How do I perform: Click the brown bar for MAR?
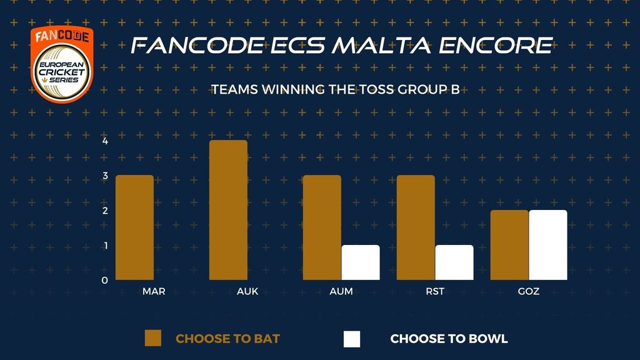pyautogui.click(x=135, y=227)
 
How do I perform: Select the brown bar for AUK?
pyautogui.click(x=228, y=210)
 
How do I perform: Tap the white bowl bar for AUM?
pyautogui.click(x=361, y=262)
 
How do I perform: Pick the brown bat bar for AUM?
pyautogui.click(x=322, y=227)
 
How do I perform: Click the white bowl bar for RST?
pyautogui.click(x=454, y=262)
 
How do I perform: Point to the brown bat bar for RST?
pyautogui.click(x=416, y=227)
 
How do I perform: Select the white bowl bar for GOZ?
pyautogui.click(x=548, y=245)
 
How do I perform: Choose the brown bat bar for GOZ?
pyautogui.click(x=509, y=245)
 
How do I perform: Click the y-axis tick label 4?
pyautogui.click(x=105, y=141)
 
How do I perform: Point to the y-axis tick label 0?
pyautogui.click(x=105, y=281)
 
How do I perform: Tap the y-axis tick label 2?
pyautogui.click(x=105, y=211)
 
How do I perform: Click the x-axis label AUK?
pyautogui.click(x=247, y=291)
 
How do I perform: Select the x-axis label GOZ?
pyautogui.click(x=529, y=291)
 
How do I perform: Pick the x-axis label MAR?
pyautogui.click(x=154, y=291)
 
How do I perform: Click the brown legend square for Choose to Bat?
pyautogui.click(x=153, y=338)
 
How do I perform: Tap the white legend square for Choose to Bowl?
pyautogui.click(x=352, y=339)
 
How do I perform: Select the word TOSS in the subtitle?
pyautogui.click(x=374, y=89)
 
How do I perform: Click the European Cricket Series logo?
pyautogui.click(x=62, y=64)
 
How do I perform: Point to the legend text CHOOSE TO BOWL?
pyautogui.click(x=449, y=339)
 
